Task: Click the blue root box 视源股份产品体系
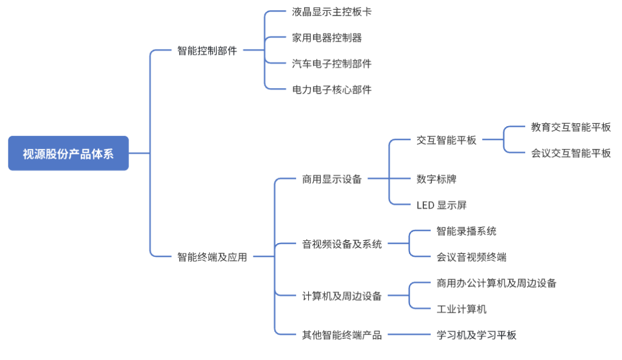[68, 153]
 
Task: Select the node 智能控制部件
[207, 50]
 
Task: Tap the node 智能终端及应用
[212, 257]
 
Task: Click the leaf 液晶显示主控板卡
[332, 12]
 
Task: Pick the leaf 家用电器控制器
[327, 38]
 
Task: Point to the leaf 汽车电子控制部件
[332, 63]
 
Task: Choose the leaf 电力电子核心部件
[332, 89]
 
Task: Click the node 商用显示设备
[332, 179]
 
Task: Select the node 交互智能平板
[446, 140]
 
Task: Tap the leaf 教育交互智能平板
[571, 127]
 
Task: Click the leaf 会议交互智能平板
[571, 153]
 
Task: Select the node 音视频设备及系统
[342, 244]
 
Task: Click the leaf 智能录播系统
[466, 231]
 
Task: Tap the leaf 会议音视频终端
[471, 257]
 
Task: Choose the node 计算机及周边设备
[342, 296]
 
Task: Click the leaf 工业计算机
[461, 309]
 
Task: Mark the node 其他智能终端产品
[342, 335]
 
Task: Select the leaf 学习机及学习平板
[476, 335]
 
